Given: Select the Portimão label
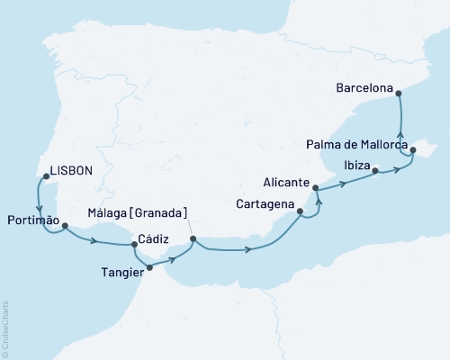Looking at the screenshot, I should coord(33,220).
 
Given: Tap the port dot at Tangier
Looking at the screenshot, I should coord(149,267).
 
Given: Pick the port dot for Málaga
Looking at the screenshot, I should coord(193,239).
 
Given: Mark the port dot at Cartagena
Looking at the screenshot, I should coord(301,212).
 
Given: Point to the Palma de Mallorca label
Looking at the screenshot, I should coord(356,144).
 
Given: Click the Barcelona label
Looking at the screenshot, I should coord(364,88).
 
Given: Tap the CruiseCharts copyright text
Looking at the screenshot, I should coord(6,328).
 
